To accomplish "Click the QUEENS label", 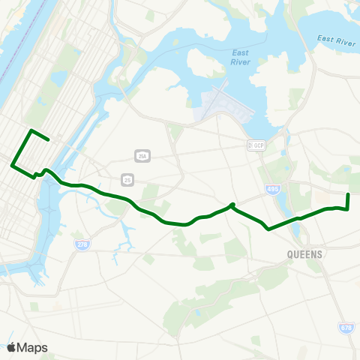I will click(304, 254).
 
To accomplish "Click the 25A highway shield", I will click(142, 156).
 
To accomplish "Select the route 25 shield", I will click(127, 178).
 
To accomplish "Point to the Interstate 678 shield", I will click(346, 328).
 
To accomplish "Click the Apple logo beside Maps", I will click(11, 347).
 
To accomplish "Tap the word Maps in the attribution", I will click(32, 347).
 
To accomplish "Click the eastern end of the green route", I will click(348, 195).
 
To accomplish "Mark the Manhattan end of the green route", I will click(49, 139).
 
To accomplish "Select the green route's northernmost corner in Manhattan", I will click(31, 130).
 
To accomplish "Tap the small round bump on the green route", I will click(232, 204).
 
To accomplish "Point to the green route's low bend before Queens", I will click(268, 229).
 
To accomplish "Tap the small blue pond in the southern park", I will click(196, 312).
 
